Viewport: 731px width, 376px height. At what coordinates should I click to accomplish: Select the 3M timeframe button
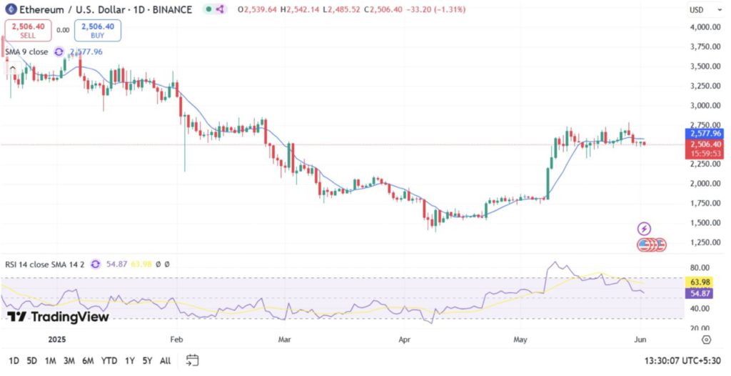tap(69, 360)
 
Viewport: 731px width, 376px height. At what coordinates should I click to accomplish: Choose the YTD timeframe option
tap(109, 360)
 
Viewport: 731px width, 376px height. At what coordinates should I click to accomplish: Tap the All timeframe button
tap(165, 360)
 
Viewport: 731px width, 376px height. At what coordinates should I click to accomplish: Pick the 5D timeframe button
tap(32, 360)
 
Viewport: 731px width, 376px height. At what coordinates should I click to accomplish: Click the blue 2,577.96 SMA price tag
tap(703, 134)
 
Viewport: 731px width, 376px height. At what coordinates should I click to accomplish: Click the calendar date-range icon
tap(192, 360)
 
